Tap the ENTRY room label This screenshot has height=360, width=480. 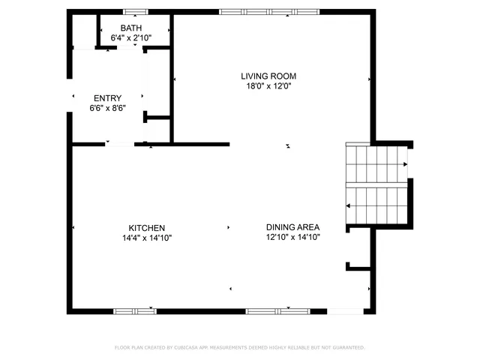coord(107,98)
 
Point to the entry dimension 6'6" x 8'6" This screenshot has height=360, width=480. coord(107,108)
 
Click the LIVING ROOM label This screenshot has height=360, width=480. coord(268,76)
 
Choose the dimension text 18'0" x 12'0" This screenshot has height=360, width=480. coord(268,85)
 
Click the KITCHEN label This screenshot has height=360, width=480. coord(146,228)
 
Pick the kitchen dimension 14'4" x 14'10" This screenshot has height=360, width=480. coord(146,238)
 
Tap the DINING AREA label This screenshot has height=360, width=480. coord(292,228)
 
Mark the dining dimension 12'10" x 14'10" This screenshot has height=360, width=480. coord(292,238)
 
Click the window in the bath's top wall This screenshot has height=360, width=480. coord(135,11)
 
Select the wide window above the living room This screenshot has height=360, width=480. coord(268,11)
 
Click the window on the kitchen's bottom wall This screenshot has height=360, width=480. coord(134,310)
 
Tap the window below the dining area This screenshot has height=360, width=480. coord(278,310)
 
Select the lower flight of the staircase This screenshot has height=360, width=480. coord(375,205)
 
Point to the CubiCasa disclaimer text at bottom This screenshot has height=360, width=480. coord(239,347)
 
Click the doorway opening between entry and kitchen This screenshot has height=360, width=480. coord(120,144)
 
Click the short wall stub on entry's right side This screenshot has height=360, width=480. coord(157,117)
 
